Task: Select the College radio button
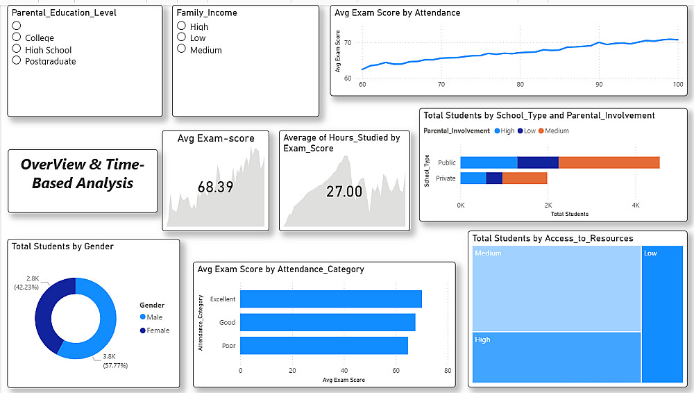coord(17,37)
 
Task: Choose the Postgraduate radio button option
coord(17,60)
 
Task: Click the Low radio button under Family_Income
coord(182,37)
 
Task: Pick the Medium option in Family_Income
coord(182,49)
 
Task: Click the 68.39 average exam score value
coord(215,187)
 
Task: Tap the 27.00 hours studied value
coord(344,191)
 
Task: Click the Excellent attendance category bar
coord(330,299)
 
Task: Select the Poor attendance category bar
coord(323,346)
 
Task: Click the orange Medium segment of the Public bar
coord(609,162)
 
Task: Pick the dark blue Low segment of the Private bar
coord(494,178)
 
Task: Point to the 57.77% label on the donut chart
coord(115,365)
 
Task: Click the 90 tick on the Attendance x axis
coord(599,84)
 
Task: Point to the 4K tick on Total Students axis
coord(635,206)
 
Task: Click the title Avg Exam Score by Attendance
coord(397,12)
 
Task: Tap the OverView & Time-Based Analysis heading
coord(83,174)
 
